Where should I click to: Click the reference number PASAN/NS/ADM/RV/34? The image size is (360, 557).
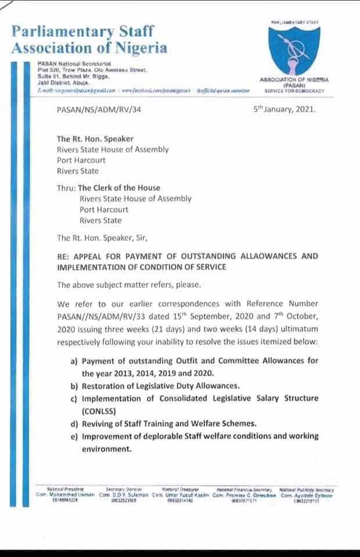point(99,109)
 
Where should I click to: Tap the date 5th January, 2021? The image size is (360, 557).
point(285,108)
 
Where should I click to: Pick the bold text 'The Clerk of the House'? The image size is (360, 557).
point(119,187)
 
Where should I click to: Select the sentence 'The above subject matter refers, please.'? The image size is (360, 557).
point(128,285)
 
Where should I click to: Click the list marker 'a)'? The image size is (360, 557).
point(74,361)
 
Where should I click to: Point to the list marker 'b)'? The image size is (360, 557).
point(74,386)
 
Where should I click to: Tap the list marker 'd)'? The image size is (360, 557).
point(74,424)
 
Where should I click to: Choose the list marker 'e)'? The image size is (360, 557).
point(74,436)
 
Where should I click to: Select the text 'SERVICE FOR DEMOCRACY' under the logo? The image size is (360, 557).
point(294,92)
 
